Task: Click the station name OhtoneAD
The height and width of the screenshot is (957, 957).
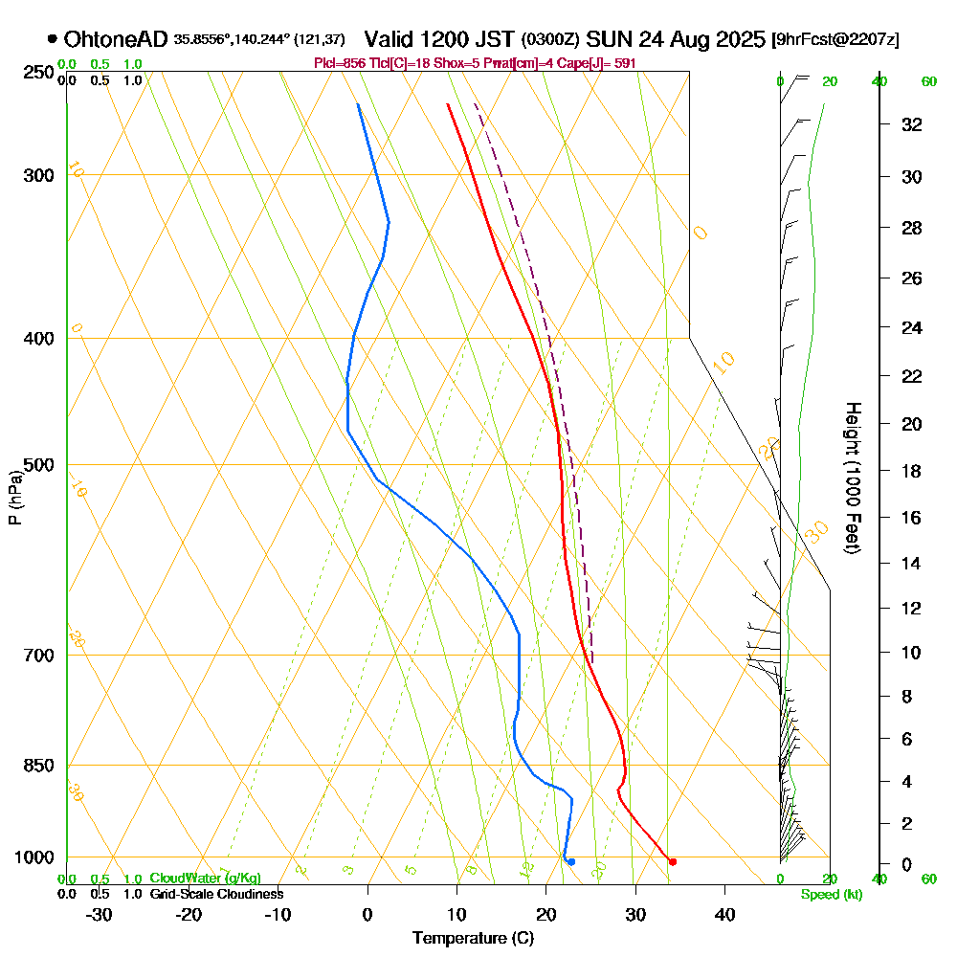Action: click(x=116, y=39)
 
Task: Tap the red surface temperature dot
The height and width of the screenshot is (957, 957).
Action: click(x=673, y=862)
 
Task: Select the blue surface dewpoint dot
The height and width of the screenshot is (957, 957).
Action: click(x=571, y=862)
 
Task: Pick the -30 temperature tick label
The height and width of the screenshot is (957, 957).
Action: click(x=100, y=915)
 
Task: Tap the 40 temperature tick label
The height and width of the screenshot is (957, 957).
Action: click(x=724, y=915)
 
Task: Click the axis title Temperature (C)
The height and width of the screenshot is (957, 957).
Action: click(x=473, y=939)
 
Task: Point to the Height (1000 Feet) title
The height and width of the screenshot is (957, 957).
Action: click(x=851, y=478)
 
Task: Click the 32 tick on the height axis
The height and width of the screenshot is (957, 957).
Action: click(x=912, y=124)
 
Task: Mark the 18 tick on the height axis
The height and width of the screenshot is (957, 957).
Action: click(x=912, y=471)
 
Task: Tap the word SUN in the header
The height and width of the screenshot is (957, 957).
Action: click(x=607, y=39)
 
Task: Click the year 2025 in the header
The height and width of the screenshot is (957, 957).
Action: click(x=736, y=39)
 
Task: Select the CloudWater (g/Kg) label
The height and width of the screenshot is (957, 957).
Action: click(x=205, y=879)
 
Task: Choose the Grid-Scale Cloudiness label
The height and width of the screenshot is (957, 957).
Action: click(x=215, y=894)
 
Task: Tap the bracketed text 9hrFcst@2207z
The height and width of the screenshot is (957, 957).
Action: click(x=835, y=40)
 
